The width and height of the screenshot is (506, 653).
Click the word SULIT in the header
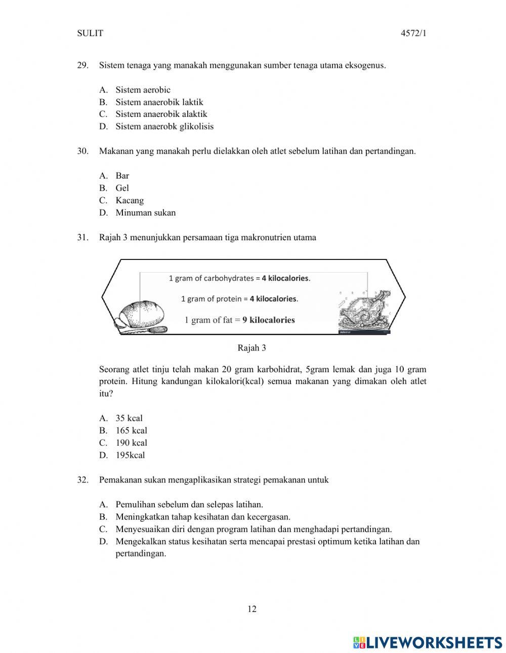[x=90, y=33]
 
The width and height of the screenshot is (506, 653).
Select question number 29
[x=83, y=65]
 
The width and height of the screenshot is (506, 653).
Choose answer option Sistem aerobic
[x=143, y=90]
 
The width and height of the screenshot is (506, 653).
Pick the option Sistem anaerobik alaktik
[x=161, y=114]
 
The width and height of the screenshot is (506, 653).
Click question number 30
[x=83, y=151]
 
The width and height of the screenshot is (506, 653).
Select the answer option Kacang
[x=130, y=200]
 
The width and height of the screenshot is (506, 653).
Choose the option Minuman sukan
[x=145, y=213]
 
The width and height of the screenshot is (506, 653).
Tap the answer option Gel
[x=122, y=188]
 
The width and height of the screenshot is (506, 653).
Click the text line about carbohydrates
[x=239, y=278]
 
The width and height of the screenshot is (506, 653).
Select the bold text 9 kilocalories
[x=268, y=320]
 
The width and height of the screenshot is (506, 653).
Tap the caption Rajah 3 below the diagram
[x=252, y=348]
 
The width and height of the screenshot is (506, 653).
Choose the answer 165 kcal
[x=131, y=430]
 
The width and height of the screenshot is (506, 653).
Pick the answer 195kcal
[x=130, y=455]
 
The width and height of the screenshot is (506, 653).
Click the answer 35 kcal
[x=129, y=418]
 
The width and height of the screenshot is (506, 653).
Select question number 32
[x=83, y=480]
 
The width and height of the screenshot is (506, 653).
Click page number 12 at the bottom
[x=252, y=609]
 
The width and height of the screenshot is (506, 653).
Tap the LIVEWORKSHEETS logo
[x=428, y=642]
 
